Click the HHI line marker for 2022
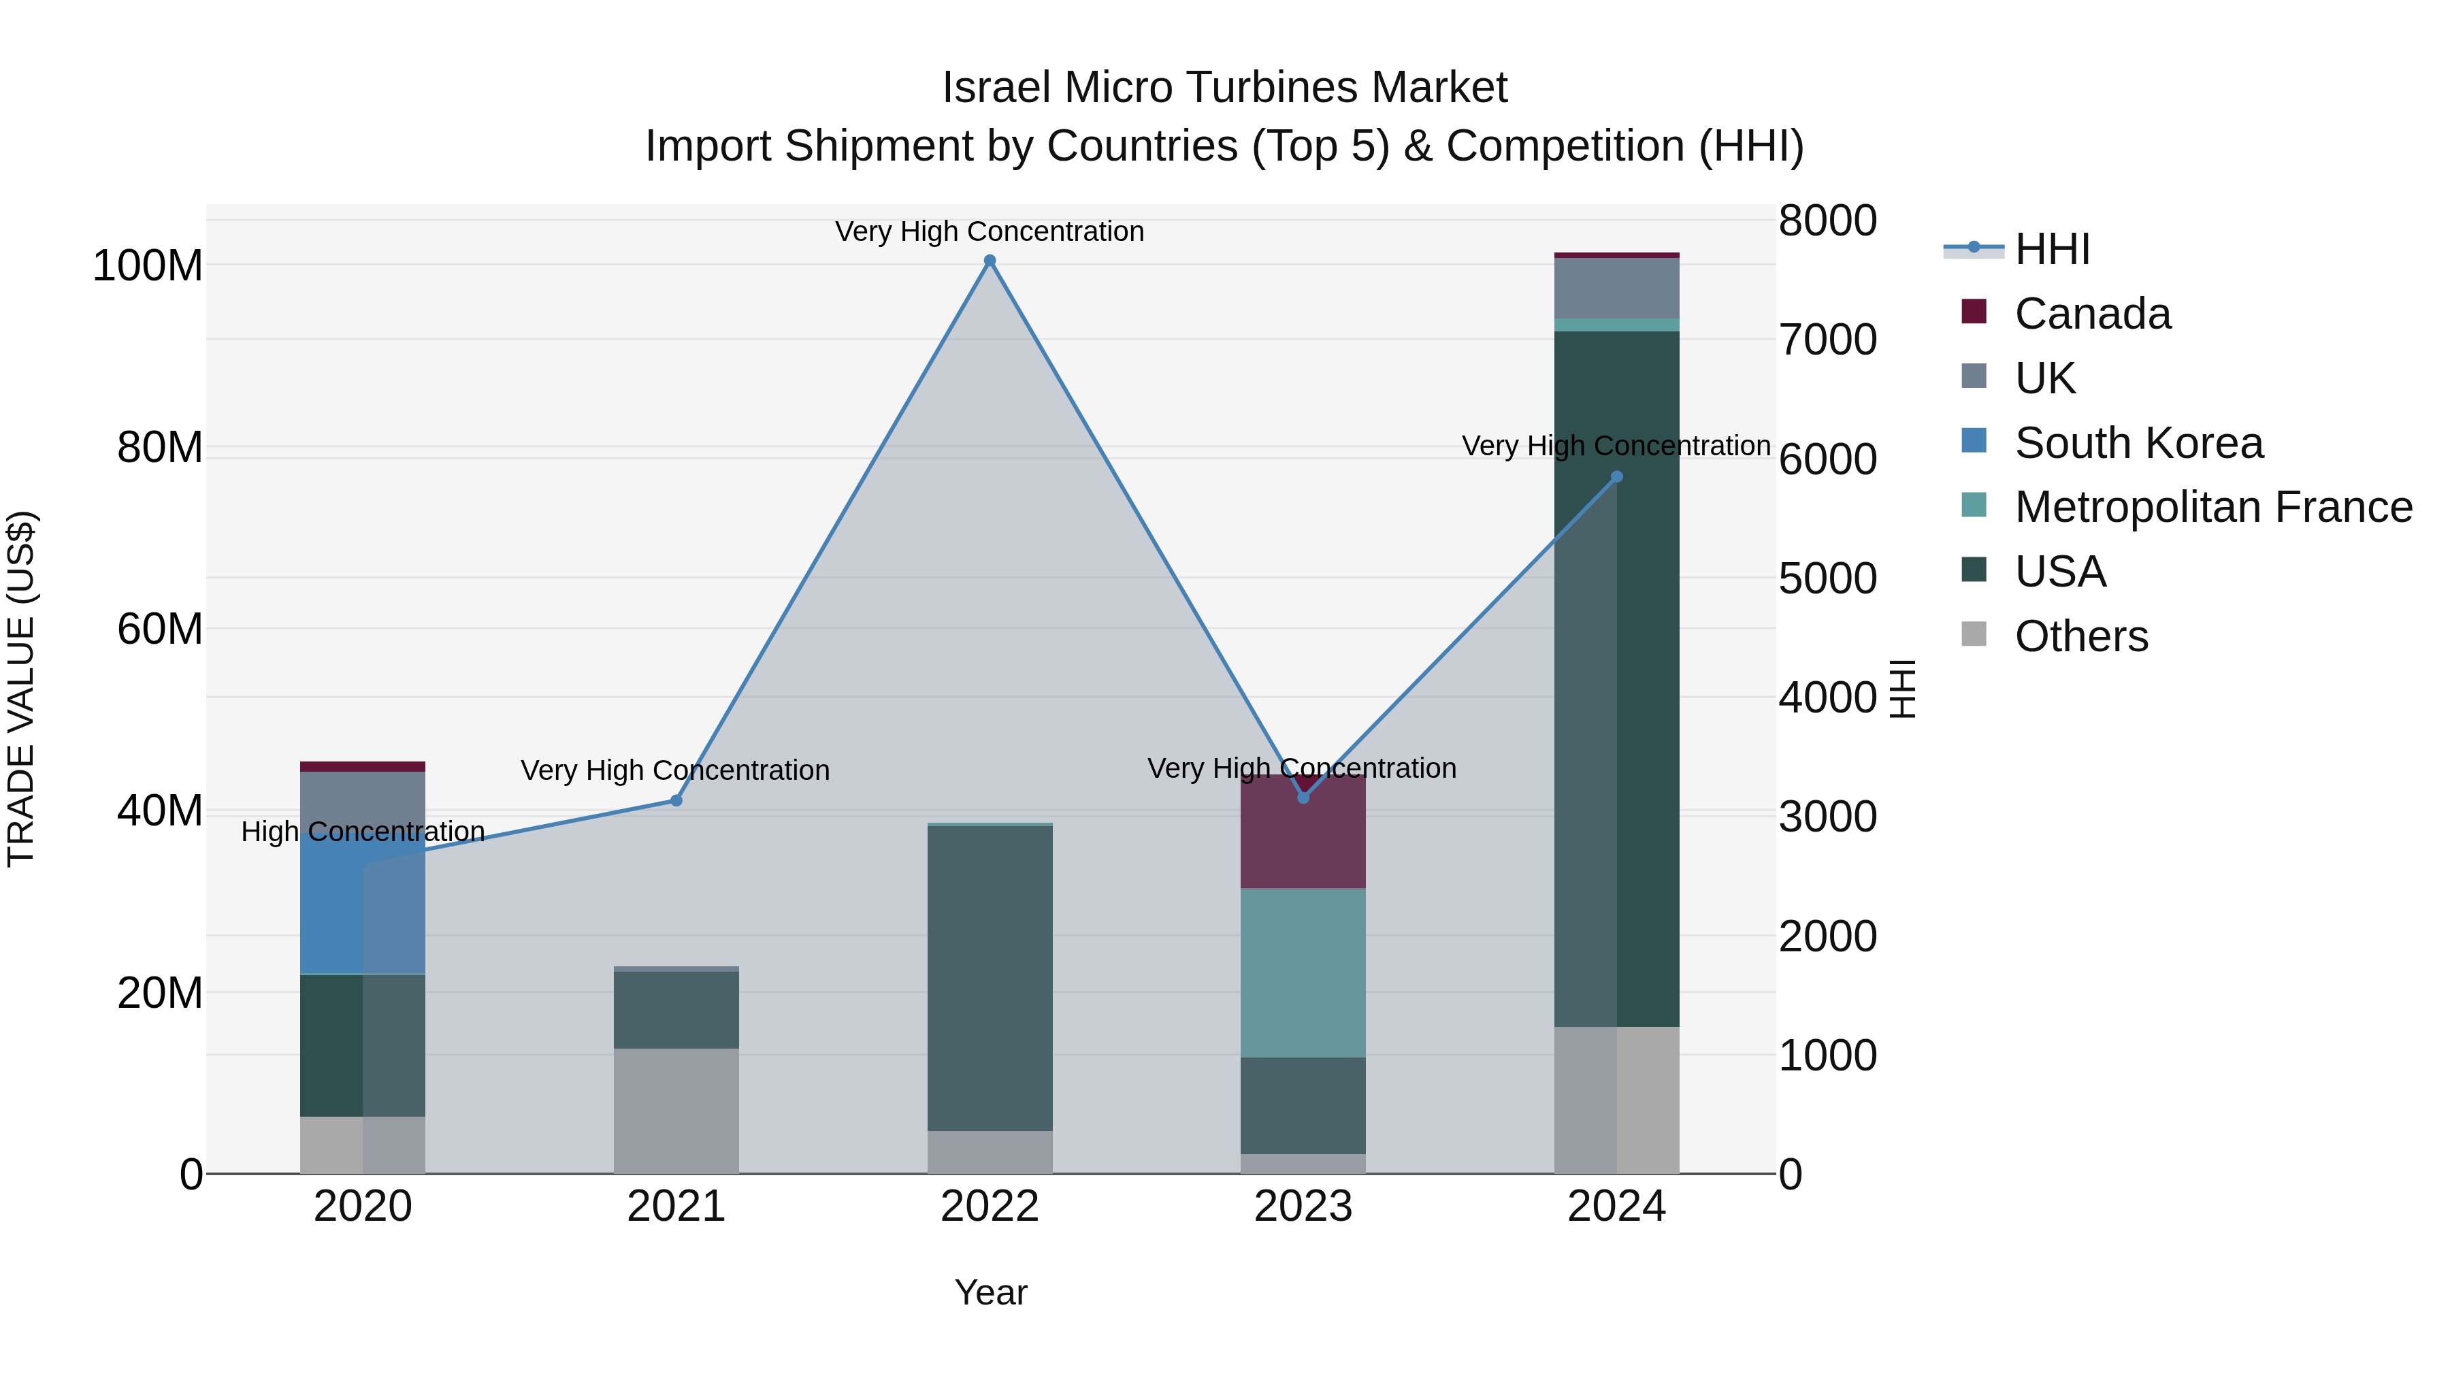(989, 261)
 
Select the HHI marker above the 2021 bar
(676, 801)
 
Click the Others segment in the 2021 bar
(676, 1111)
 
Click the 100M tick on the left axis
(148, 265)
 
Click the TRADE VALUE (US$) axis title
(21, 689)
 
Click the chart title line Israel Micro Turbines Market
(1224, 88)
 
